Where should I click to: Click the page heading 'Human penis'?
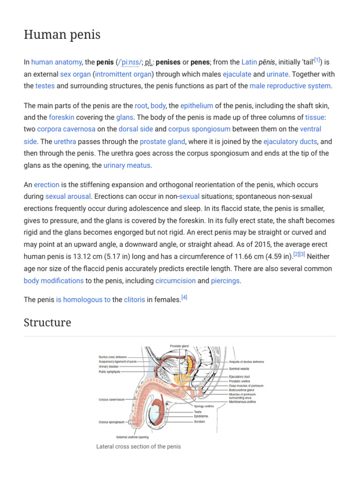click(62, 35)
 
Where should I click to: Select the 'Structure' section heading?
click(47, 322)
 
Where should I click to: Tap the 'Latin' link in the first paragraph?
click(249, 62)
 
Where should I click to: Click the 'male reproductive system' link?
click(290, 86)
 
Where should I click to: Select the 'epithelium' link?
click(197, 106)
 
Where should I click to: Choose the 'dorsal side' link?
click(135, 129)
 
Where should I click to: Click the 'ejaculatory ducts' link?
click(291, 141)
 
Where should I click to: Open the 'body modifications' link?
click(53, 281)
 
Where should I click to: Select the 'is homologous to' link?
click(83, 300)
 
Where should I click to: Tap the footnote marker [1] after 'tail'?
click(317, 60)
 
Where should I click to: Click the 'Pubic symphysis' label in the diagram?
click(109, 372)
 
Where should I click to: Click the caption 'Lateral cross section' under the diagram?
click(138, 447)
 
